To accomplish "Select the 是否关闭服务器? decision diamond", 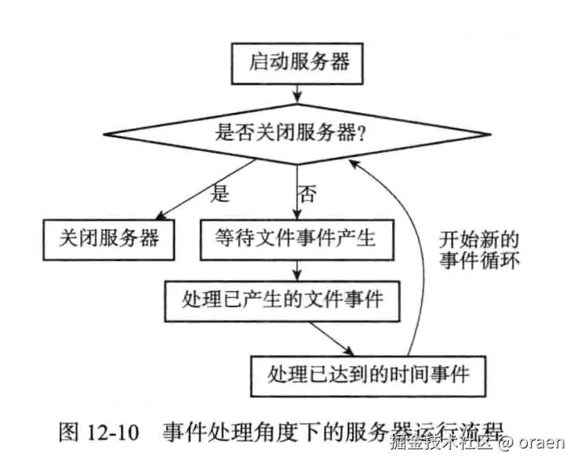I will coord(297,133).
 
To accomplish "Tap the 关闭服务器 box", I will coord(109,239).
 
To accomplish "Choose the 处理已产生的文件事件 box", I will coord(282,300).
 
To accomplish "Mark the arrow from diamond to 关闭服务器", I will coord(208,188).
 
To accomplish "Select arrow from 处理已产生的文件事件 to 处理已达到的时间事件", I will coord(333,338).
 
